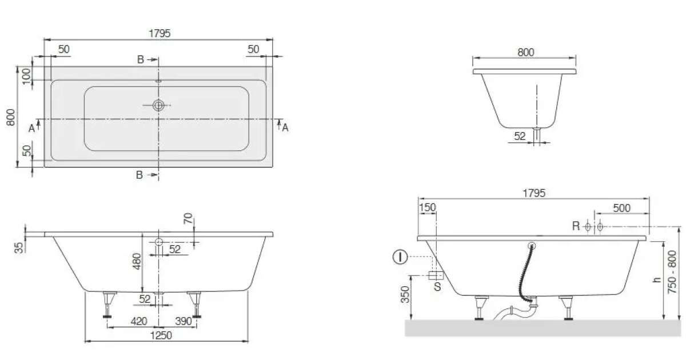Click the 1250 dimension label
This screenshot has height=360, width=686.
click(x=161, y=335)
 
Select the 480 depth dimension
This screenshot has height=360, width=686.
click(x=137, y=261)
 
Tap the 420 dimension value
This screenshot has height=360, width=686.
click(x=139, y=321)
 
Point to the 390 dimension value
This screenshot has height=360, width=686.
click(x=184, y=321)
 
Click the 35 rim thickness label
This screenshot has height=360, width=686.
click(x=19, y=247)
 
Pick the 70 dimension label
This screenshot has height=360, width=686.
click(x=188, y=218)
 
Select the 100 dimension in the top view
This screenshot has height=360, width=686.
click(x=27, y=76)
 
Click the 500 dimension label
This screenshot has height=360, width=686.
click(x=622, y=208)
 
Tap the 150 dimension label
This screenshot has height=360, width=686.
click(x=427, y=207)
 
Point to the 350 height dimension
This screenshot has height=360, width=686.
click(x=405, y=294)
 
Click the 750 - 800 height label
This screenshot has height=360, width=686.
click(x=672, y=272)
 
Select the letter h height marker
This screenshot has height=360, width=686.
click(x=657, y=279)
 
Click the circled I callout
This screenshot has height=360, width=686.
click(x=400, y=257)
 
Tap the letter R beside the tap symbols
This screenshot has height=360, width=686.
click(x=576, y=226)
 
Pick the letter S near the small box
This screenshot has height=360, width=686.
click(x=438, y=286)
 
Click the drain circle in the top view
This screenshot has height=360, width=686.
click(x=158, y=105)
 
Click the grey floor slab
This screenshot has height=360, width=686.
click(x=543, y=328)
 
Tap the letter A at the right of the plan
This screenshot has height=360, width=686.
click(x=285, y=127)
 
